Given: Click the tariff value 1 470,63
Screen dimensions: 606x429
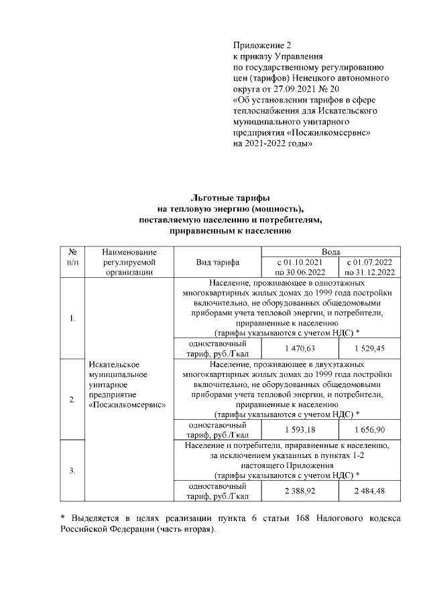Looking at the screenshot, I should pyautogui.click(x=300, y=349).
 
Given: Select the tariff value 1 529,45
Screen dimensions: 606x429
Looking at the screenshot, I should pyautogui.click(x=369, y=349).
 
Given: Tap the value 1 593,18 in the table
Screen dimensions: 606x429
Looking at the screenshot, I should pyautogui.click(x=300, y=429).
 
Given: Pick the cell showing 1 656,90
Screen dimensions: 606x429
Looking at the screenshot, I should pyautogui.click(x=369, y=429).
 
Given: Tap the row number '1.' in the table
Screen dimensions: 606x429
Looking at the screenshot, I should pyautogui.click(x=72, y=318).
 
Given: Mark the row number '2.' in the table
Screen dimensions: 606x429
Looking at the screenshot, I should pyautogui.click(x=72, y=400).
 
